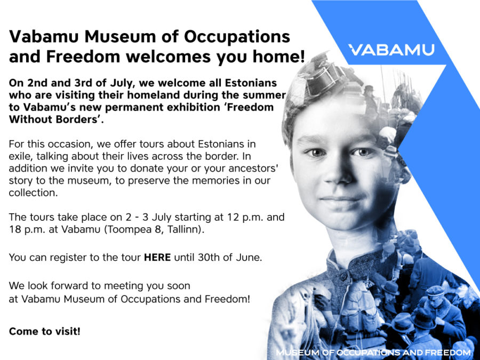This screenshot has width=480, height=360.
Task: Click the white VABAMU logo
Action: click(x=391, y=50)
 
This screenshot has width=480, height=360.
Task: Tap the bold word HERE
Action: click(x=157, y=257)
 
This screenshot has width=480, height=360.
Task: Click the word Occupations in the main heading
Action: click(x=237, y=36)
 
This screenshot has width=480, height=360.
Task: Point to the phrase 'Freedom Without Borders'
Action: click(x=141, y=113)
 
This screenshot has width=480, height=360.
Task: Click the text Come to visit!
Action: click(x=45, y=331)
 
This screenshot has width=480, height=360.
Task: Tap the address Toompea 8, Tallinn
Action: click(x=153, y=229)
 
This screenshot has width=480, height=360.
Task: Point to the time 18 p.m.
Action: click(x=27, y=229)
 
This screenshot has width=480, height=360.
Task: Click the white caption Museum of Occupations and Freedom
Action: click(x=373, y=353)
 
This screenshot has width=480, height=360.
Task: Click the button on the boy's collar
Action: click(x=344, y=276)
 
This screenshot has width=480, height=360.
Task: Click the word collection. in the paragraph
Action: click(x=33, y=193)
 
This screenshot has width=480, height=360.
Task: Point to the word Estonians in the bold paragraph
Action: click(x=251, y=83)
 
